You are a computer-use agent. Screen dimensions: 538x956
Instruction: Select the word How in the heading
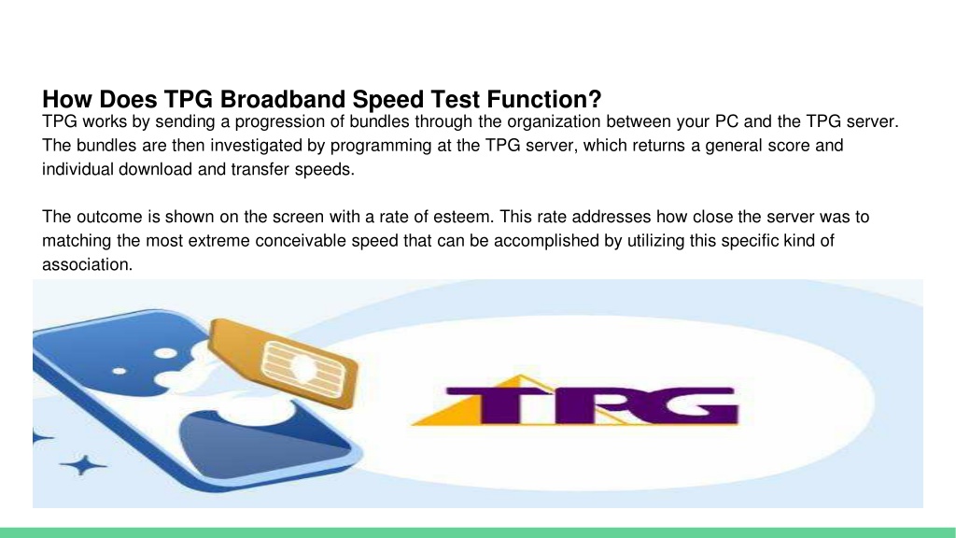point(63,98)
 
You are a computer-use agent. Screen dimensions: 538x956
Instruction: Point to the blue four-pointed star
point(84,464)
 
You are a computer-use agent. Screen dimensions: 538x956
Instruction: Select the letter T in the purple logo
point(504,403)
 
